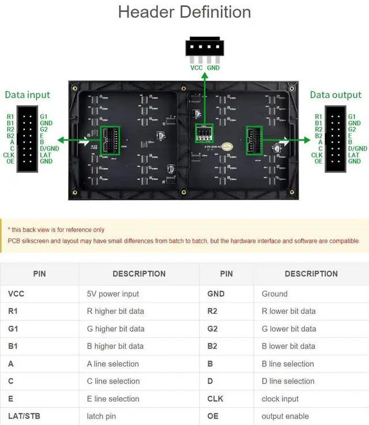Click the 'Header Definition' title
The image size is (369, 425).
coord(184,12)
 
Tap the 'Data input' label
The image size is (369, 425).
coord(28,95)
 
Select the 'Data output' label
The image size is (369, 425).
coord(336,95)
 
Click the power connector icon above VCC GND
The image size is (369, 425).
coord(205,48)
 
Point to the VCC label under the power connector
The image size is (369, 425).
coord(197,67)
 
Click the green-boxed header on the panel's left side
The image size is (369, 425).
coord(110,140)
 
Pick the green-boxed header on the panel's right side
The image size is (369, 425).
coord(254,140)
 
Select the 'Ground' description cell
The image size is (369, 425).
coord(274,294)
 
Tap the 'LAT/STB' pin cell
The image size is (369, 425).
coord(25,416)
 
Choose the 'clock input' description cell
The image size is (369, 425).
coord(280,398)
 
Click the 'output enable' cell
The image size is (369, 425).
coord(285,416)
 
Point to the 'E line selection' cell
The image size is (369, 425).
coord(113,398)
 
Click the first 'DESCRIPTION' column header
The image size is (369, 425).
coord(139,274)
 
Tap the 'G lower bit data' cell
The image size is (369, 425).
coord(289,329)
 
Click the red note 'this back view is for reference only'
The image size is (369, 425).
coord(57,230)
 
